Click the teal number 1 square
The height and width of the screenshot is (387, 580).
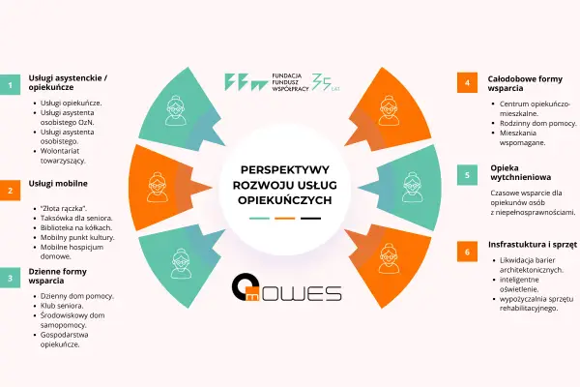pos(10,85)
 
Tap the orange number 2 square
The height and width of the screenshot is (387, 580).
pos(10,191)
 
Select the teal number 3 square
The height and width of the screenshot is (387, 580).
pos(10,278)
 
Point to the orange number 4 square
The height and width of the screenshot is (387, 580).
pos(467,82)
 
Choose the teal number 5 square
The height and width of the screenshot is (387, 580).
pos(467,175)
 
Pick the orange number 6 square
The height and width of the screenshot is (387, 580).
pos(467,252)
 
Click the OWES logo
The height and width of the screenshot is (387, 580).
pos(287,288)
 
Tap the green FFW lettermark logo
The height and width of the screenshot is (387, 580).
pos(246,82)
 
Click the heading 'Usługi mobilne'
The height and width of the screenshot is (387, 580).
pos(58,184)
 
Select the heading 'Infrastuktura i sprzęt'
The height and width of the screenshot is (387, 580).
pos(533,245)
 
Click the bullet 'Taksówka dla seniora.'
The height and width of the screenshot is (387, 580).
pos(76,218)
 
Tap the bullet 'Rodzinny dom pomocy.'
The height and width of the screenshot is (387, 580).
pos(537,123)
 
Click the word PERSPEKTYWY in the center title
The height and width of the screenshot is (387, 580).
pos(285,169)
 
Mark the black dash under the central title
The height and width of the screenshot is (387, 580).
pos(310,219)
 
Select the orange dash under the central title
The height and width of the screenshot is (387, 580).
pos(285,219)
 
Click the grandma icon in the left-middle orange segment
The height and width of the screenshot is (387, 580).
pos(158,187)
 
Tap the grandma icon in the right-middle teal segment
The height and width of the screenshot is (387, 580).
pos(413,187)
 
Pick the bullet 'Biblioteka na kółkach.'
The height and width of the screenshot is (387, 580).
pos(76,227)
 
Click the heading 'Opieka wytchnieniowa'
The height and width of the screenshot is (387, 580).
pos(521,172)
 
